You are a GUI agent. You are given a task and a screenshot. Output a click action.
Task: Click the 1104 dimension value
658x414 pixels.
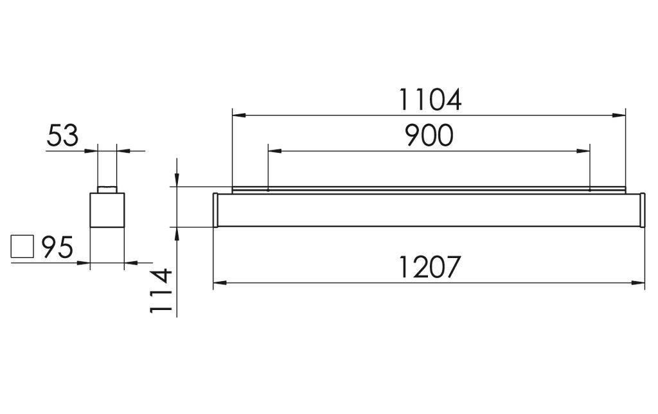point(429,100)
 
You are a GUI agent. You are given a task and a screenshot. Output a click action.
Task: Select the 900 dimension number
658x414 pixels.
point(429,135)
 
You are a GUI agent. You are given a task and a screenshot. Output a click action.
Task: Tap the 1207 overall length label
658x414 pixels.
point(429,267)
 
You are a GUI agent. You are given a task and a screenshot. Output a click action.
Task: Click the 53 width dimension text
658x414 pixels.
point(62,136)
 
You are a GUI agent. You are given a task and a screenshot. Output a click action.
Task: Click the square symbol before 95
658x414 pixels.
point(22,247)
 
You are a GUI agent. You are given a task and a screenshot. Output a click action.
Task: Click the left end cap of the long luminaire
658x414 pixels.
point(217,209)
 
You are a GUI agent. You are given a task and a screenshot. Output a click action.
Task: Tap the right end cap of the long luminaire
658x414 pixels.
point(641,209)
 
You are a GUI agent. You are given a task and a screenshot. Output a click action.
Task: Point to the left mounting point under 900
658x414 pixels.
point(267,189)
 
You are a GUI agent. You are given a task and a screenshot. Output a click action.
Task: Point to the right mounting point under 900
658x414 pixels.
point(590,189)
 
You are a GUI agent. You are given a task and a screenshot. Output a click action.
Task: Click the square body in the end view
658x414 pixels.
point(107,209)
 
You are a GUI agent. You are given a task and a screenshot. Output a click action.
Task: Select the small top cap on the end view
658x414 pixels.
point(107,189)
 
